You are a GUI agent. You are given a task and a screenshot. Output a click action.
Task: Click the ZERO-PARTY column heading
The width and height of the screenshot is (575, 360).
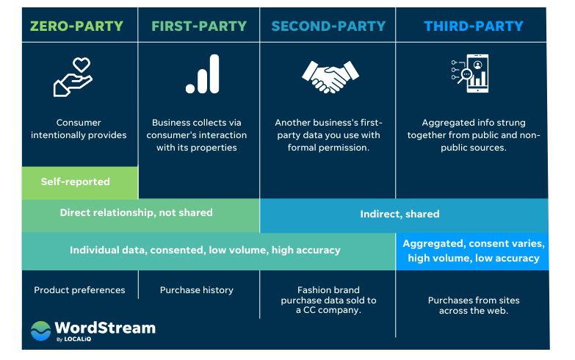point(76,26)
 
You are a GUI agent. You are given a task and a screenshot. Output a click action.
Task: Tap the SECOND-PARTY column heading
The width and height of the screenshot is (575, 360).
point(328,26)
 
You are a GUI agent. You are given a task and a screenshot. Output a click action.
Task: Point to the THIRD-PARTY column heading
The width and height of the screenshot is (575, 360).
point(474,26)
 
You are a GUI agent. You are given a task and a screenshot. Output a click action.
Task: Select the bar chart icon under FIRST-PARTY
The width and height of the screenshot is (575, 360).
point(202,75)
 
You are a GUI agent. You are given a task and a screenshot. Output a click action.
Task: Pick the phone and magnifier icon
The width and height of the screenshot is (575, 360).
point(471,73)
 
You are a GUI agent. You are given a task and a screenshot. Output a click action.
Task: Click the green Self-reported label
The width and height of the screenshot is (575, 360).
point(76,181)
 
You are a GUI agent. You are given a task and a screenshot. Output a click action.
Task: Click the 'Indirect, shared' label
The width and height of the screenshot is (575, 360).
point(399,215)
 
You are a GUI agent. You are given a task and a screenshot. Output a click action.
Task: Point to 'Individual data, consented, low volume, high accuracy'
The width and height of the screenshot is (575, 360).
point(205,250)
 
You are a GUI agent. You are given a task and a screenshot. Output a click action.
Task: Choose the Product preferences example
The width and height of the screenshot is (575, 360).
point(79,290)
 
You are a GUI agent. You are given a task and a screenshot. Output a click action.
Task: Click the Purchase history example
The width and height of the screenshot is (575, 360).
point(197,290)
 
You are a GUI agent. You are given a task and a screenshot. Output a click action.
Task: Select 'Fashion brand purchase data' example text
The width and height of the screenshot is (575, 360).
point(328,300)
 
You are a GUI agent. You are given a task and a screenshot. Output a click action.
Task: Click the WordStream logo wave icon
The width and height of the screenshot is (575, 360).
point(40,331)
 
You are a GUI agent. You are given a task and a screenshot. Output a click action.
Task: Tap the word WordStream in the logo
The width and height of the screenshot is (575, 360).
point(105,328)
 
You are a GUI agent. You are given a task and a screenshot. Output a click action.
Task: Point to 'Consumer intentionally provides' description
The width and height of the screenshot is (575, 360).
point(79,129)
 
